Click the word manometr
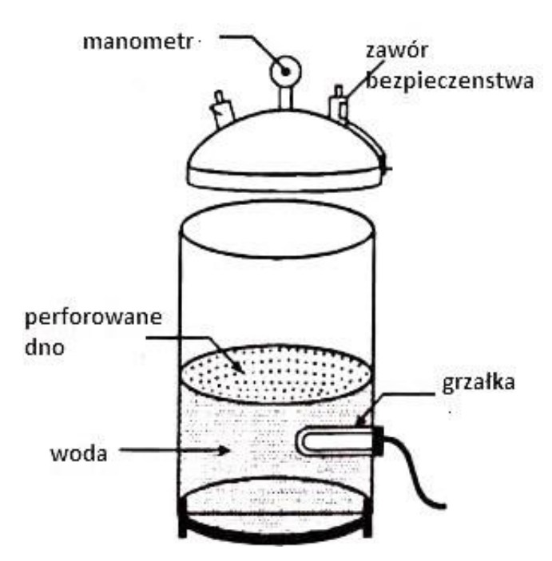pos(138,41)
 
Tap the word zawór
pos(397,50)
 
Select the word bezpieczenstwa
pos(451,81)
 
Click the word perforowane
pos(93,318)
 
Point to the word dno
pos(45,346)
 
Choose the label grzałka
pos(479,383)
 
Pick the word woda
pos(79,453)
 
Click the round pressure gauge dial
pos(285,72)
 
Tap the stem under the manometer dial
pos(285,98)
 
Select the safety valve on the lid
pos(339,105)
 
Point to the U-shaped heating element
pos(335,442)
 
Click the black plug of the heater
pos(379,441)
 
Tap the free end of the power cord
pos(443,506)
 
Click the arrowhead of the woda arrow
pos(224,450)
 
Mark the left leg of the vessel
pos(182,527)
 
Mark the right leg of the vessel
pos(367,527)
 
